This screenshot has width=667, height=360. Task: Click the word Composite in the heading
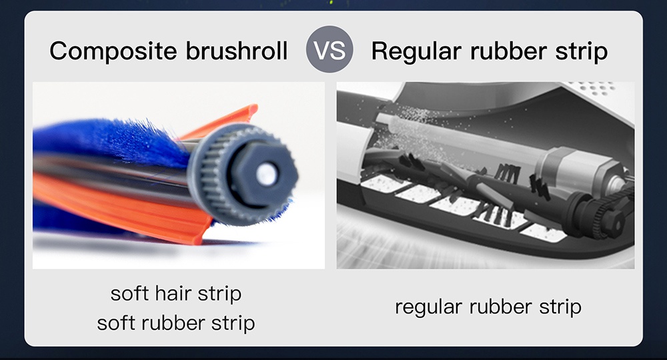coord(113,51)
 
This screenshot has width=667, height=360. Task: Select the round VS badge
coord(329,49)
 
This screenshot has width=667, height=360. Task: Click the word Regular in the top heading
coord(416,51)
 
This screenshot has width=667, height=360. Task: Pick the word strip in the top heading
coord(582,52)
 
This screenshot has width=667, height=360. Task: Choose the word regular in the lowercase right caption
coord(428,307)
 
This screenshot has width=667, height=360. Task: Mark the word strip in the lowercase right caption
coord(560,307)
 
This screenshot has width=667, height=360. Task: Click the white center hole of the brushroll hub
coord(266,174)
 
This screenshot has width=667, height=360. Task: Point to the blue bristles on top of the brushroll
coord(111,141)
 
